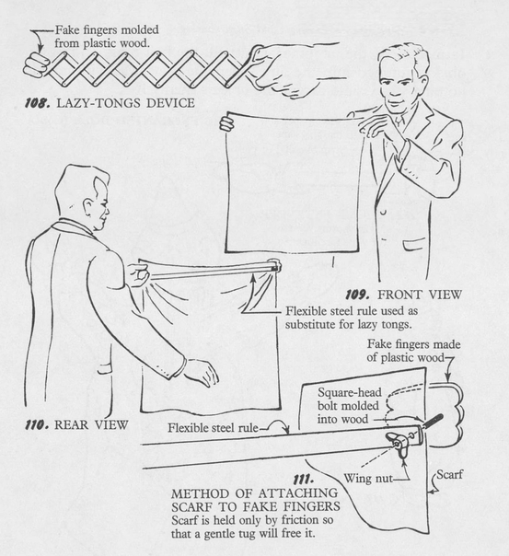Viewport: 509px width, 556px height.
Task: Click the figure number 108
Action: coord(37,103)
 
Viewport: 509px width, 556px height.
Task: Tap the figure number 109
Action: coord(357,295)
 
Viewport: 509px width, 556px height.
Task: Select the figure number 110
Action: coord(36,424)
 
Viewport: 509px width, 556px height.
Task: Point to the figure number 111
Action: coord(304,480)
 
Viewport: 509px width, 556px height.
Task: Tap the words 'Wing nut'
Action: coord(368,479)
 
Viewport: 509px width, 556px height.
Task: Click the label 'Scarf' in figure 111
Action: coord(449,474)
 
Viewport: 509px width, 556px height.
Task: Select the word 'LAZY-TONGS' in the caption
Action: coord(99,103)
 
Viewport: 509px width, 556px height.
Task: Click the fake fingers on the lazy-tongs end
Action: coord(37,64)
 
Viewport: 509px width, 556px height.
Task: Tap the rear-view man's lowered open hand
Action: coord(202,372)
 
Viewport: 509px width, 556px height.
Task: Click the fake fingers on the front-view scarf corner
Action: coord(226,123)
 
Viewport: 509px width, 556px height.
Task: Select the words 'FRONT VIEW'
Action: coord(420,295)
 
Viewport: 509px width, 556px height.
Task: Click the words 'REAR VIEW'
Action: coord(91,424)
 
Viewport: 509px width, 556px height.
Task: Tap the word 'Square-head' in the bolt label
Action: coord(350,392)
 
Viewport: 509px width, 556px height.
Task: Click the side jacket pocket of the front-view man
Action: coord(414,246)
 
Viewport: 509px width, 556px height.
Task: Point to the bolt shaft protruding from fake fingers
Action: coord(433,421)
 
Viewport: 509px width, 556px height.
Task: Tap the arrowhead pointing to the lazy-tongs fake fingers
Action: coord(40,49)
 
